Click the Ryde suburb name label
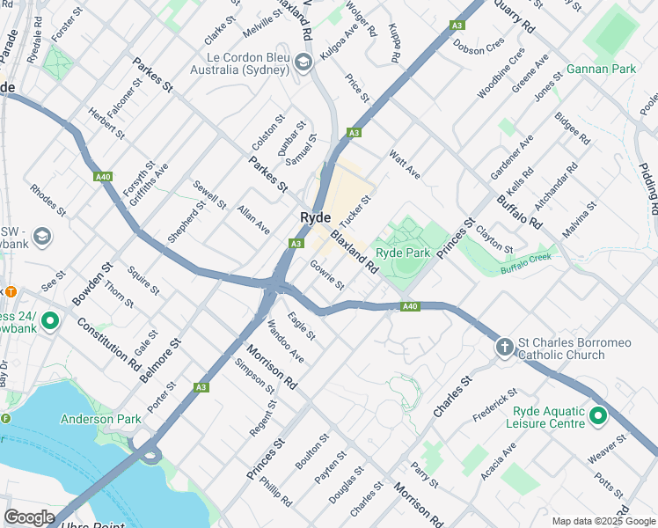pyautogui.click(x=315, y=217)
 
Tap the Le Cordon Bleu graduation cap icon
pyautogui.click(x=303, y=61)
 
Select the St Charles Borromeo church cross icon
pyautogui.click(x=505, y=347)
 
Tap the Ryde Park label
pyautogui.click(x=403, y=252)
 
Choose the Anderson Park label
pyautogui.click(x=100, y=420)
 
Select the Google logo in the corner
pyautogui.click(x=28, y=517)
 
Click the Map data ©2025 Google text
pyautogui.click(x=603, y=521)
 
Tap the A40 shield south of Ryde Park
pyautogui.click(x=408, y=306)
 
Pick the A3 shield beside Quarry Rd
pyautogui.click(x=457, y=26)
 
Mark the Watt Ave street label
pyautogui.click(x=405, y=164)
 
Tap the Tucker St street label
pyautogui.click(x=356, y=209)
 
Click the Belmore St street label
pyautogui.click(x=159, y=360)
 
